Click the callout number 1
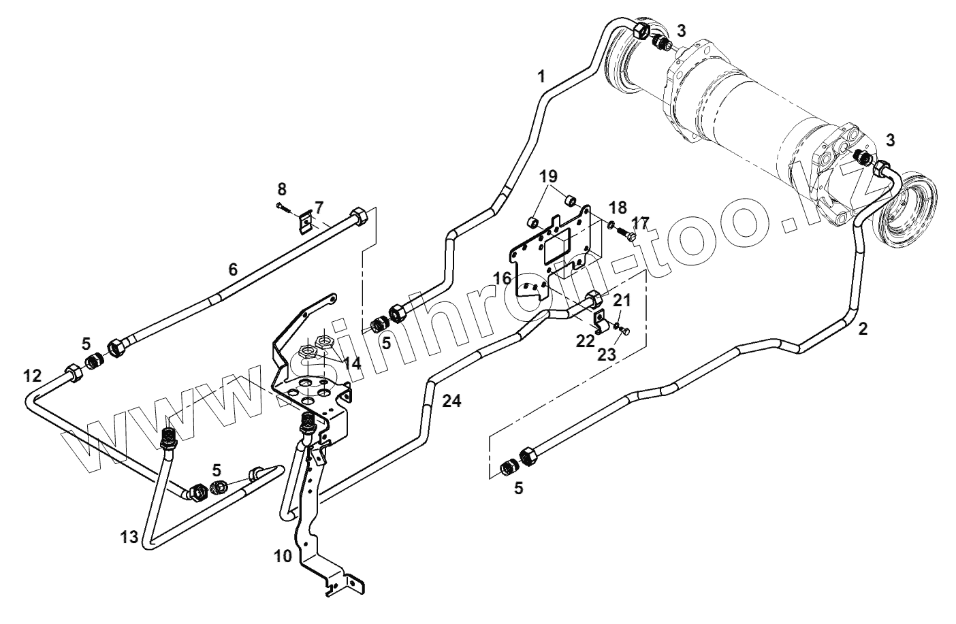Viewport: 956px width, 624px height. (x=541, y=76)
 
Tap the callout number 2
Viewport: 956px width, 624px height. (x=863, y=329)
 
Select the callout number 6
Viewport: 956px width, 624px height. (x=233, y=269)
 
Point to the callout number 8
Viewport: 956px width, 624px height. (x=282, y=189)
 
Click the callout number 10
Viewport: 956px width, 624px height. (x=283, y=556)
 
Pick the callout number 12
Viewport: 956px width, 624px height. (x=33, y=375)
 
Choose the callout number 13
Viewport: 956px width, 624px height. (x=129, y=537)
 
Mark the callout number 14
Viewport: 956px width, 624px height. (x=351, y=363)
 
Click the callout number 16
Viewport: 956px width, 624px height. (x=503, y=278)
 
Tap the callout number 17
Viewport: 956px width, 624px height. (x=640, y=223)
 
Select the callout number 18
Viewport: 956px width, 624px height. (x=618, y=207)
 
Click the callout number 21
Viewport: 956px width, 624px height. (x=622, y=300)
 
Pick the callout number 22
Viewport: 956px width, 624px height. (x=585, y=340)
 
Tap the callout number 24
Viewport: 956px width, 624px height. (x=451, y=401)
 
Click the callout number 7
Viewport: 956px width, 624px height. (x=319, y=206)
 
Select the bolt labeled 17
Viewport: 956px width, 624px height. (x=628, y=235)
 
